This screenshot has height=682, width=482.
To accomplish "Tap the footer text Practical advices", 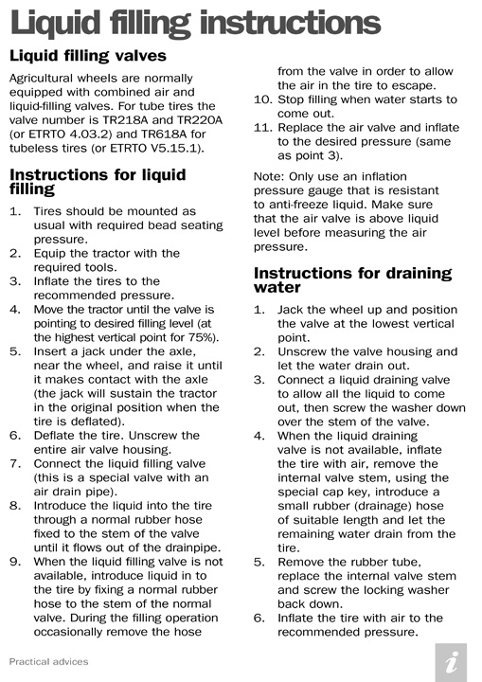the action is [46, 660].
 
